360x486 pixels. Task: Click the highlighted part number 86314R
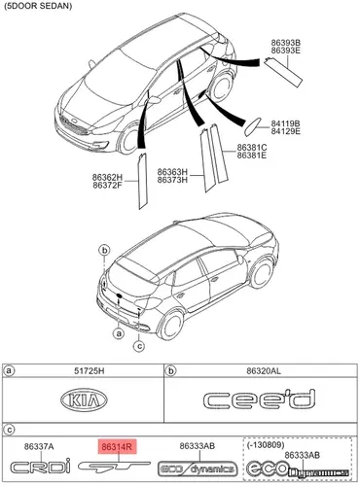pos(117,447)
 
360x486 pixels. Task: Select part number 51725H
pos(90,370)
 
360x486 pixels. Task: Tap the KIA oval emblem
pos(84,399)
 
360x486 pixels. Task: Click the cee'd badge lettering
pos(259,399)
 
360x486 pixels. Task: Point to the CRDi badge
pos(41,466)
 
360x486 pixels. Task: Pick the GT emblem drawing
pos(114,467)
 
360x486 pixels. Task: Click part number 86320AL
pos(264,370)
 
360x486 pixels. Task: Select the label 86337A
pos(39,446)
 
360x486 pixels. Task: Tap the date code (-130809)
pos(266,444)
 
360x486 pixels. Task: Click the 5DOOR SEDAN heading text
pos(38,6)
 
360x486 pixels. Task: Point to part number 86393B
pos(286,43)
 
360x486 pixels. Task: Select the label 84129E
pos(286,131)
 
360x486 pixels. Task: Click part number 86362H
pos(107,177)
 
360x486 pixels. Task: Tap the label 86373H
pos(172,179)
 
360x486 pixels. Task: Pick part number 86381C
pos(252,148)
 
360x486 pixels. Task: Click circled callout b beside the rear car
pos(104,250)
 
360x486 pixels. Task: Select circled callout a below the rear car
pos(119,332)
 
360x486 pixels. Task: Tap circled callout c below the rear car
pos(139,346)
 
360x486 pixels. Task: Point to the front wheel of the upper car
pos(130,141)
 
